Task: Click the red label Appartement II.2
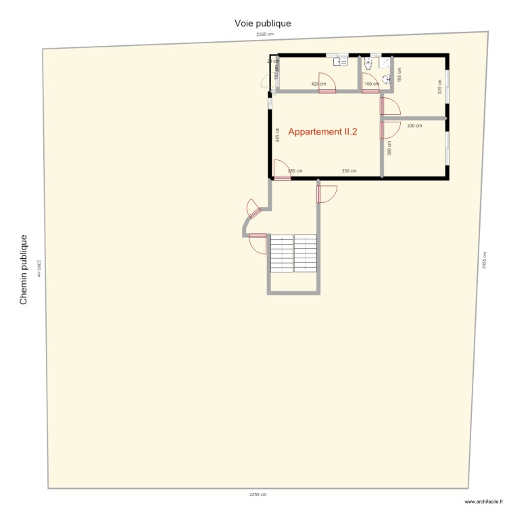pos(322,132)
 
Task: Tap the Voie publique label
pos(263,23)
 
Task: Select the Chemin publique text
pos(24,270)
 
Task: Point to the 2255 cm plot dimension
pos(258,495)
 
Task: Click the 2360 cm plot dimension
pos(40,268)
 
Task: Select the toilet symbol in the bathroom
pos(368,64)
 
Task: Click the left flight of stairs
pos(282,253)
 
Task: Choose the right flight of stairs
pos(306,253)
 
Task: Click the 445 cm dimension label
pos(277,135)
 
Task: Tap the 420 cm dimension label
pos(318,84)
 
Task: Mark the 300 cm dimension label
pos(389,148)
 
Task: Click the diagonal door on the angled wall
pos(254,210)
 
